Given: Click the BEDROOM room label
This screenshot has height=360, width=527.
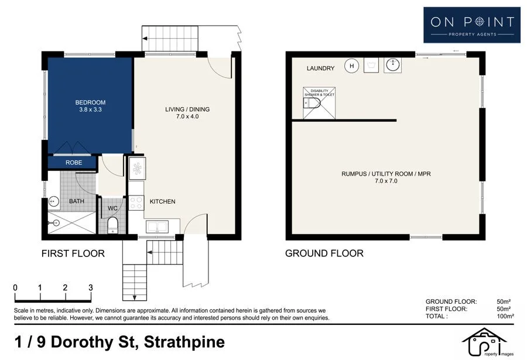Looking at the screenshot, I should click(90, 102).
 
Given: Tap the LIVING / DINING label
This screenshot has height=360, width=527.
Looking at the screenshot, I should click(187, 109).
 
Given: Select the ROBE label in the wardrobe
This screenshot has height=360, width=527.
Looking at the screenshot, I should click(73, 163).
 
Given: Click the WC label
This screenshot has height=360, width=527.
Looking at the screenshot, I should click(113, 207).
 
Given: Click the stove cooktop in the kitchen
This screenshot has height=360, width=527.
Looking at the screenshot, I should click(136, 202).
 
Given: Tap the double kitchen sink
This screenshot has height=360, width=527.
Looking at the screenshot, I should click(157, 225).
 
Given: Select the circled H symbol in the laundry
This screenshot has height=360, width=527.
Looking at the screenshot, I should click(351, 66).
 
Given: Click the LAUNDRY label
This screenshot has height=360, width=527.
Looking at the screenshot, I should click(320, 68).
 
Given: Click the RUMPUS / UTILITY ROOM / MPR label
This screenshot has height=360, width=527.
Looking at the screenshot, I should click(386, 174).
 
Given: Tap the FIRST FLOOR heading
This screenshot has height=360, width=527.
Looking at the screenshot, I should click(73, 253).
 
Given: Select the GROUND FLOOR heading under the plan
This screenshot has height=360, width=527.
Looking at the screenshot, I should click(324, 253).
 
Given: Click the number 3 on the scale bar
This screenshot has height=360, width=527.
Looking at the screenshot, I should click(90, 288).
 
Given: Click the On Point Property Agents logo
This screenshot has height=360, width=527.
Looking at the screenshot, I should click(472, 25).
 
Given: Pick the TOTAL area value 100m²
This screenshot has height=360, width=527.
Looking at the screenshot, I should click(505, 316).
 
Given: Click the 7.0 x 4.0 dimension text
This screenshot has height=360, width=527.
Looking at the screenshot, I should click(187, 116).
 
